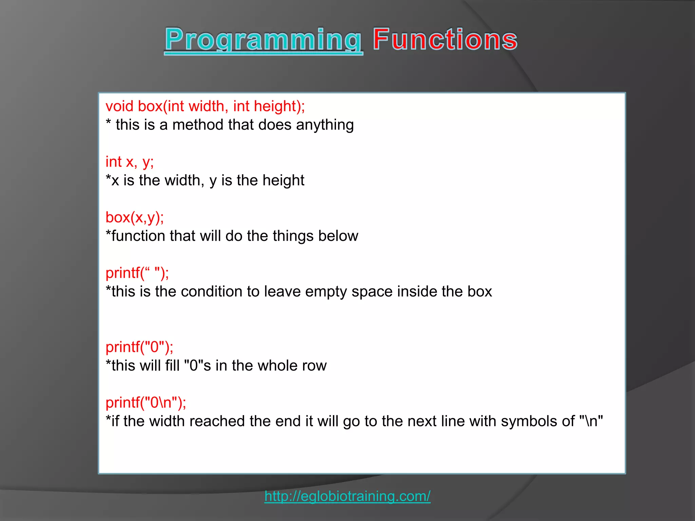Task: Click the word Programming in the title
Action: coord(263,40)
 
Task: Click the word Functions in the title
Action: coord(445,40)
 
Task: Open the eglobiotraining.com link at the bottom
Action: coord(347,496)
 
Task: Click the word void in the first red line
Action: coord(119,106)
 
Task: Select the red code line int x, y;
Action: coord(129,162)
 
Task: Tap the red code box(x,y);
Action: coord(134,217)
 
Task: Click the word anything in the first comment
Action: coord(325,125)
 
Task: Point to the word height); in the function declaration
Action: coord(279,106)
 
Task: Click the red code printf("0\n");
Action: coord(146,403)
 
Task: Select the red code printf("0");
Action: coord(139,347)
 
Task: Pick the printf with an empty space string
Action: coord(137,273)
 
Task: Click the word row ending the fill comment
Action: coord(315,366)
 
